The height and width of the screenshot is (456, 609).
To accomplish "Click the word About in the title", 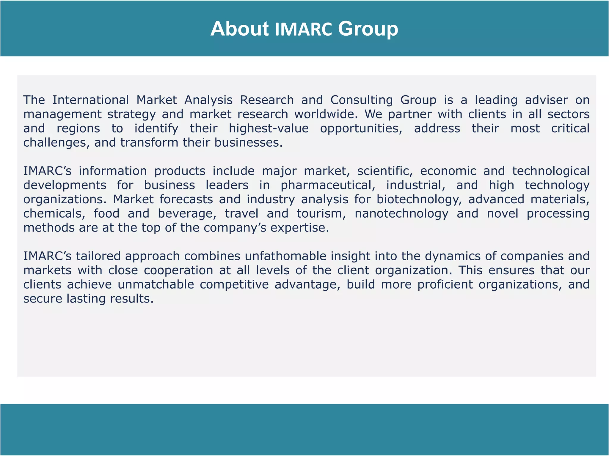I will tap(239, 29).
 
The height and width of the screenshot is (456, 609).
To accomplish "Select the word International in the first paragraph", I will tap(91, 100).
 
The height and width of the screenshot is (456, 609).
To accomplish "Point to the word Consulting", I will tap(362, 100).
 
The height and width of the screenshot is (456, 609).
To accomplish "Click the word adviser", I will tap(546, 100).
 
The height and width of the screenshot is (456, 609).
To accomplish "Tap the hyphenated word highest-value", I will tap(269, 129).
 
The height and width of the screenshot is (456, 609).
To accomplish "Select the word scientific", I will tap(385, 171).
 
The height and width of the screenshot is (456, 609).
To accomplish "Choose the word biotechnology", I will tap(419, 199).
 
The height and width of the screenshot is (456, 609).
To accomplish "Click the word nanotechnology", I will tap(401, 214).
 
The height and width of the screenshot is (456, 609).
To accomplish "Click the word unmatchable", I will tap(156, 285).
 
